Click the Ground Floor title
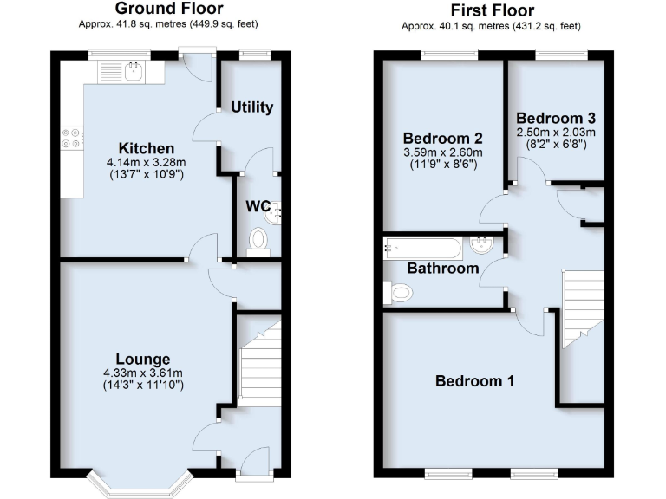tap(175, 9)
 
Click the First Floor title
tap(492, 10)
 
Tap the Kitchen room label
tap(147, 148)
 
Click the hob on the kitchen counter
tap(71, 138)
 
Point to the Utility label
tap(251, 107)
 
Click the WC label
tap(258, 207)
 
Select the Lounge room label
tap(144, 359)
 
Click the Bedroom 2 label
tap(443, 138)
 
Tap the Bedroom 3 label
tap(556, 117)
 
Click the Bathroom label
tap(443, 269)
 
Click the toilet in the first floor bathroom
tap(397, 295)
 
